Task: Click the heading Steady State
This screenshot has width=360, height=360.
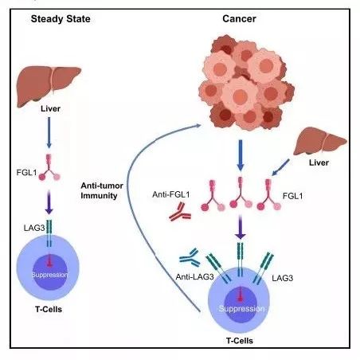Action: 61,19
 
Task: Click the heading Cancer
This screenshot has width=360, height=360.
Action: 239,19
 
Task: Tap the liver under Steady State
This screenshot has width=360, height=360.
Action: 49,85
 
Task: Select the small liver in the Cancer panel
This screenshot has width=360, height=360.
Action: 320,141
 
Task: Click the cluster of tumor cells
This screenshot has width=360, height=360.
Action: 246,83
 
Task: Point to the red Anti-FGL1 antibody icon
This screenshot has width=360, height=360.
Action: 180,213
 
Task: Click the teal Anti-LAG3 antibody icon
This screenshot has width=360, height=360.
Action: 190,257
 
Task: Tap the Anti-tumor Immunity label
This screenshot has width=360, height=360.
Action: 102,190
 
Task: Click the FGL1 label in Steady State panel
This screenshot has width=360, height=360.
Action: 26,173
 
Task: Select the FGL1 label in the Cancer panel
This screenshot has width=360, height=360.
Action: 292,196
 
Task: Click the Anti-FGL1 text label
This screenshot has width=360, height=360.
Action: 171,194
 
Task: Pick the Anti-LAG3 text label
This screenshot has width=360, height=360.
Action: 194,277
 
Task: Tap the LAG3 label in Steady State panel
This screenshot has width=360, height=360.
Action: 34,228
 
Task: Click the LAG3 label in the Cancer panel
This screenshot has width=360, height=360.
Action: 283,278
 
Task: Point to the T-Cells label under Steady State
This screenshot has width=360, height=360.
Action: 49,309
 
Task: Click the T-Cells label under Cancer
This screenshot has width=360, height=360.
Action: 240,341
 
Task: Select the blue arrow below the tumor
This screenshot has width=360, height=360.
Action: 241,155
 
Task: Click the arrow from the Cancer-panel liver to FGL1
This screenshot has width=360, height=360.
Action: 280,167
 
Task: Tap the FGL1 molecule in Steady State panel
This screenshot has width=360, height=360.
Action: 49,167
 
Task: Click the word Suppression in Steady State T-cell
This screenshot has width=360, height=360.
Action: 50,275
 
